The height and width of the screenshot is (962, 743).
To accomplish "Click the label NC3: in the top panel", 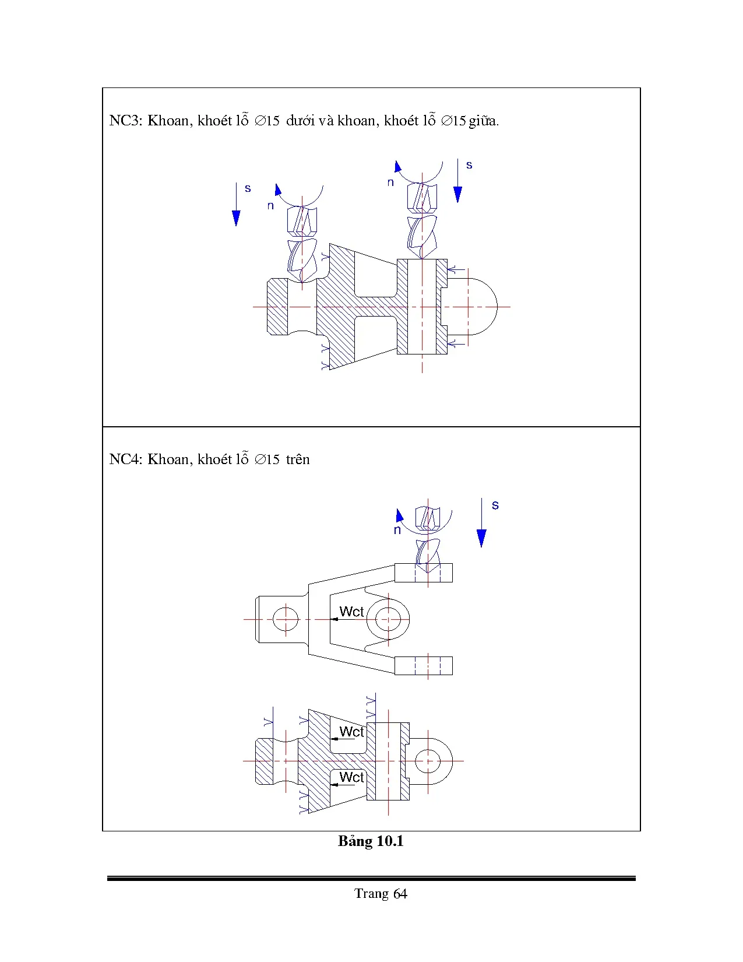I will point(125,121).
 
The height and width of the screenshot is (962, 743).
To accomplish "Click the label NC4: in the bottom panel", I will point(125,459).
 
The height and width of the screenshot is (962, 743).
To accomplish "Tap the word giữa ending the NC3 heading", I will point(483,121).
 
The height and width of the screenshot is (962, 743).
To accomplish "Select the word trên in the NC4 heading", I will point(298,459).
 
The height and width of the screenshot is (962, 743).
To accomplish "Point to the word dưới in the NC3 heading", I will point(301,121).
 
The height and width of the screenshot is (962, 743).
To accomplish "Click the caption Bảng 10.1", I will point(371,841).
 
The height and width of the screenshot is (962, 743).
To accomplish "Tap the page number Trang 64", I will point(380,894).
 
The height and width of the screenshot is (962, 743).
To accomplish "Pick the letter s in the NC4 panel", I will point(495,505).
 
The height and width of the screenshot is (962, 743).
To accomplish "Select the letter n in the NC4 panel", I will point(397,530).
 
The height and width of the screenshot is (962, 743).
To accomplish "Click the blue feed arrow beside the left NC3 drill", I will point(236,205).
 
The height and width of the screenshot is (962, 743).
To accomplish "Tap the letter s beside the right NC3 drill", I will point(469,165).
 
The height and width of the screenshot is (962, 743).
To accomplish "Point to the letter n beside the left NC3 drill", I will point(270,205).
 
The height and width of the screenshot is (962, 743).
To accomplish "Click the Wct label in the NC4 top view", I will point(351,612).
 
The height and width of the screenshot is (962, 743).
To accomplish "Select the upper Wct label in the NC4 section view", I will point(351,732).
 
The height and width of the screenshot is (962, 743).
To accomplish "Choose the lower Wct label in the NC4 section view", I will point(351,777).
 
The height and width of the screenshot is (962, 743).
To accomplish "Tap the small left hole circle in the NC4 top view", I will point(285,619).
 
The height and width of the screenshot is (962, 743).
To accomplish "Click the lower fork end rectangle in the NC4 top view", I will point(424,666).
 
